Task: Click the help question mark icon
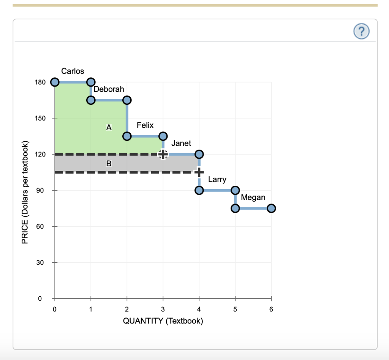[x=361, y=31]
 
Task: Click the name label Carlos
[x=73, y=71]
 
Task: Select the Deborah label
[x=109, y=89]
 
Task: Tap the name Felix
[x=145, y=125]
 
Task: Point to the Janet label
[x=181, y=144]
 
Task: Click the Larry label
[x=217, y=180]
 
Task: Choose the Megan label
[x=253, y=197]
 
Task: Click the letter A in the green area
[x=109, y=128]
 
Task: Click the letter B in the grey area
[x=109, y=164]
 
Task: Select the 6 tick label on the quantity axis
[x=271, y=309]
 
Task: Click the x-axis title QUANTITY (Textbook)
[x=163, y=321]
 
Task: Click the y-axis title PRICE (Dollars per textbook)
[x=25, y=192]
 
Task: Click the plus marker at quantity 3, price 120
[x=163, y=154]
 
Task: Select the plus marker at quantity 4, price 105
[x=199, y=172]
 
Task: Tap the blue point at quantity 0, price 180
[x=55, y=82]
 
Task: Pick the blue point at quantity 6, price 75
[x=271, y=208]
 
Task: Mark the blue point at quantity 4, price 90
[x=199, y=190]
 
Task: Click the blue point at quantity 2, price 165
[x=127, y=100]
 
